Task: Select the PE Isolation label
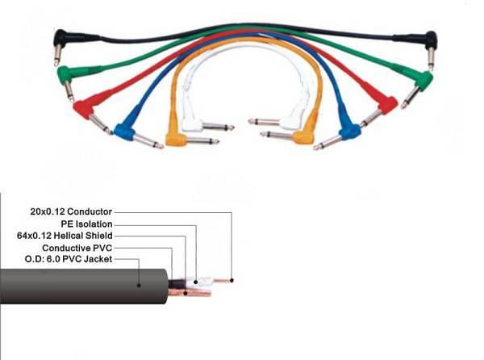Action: (86, 224)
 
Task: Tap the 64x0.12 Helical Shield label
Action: (73, 236)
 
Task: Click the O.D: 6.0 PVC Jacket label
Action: (69, 259)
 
